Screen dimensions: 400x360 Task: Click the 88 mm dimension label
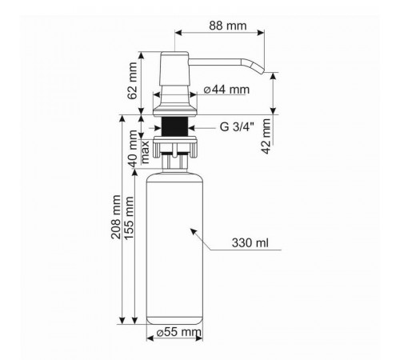(228, 26)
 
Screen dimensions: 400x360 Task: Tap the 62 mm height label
(133, 81)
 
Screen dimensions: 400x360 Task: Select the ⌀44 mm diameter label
(226, 90)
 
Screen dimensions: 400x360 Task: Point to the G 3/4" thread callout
(237, 127)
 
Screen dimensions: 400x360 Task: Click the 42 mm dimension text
(266, 136)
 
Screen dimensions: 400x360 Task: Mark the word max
(145, 152)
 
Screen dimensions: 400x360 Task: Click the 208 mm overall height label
(116, 217)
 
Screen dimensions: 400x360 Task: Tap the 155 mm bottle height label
(129, 218)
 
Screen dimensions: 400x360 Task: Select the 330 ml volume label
(250, 243)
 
